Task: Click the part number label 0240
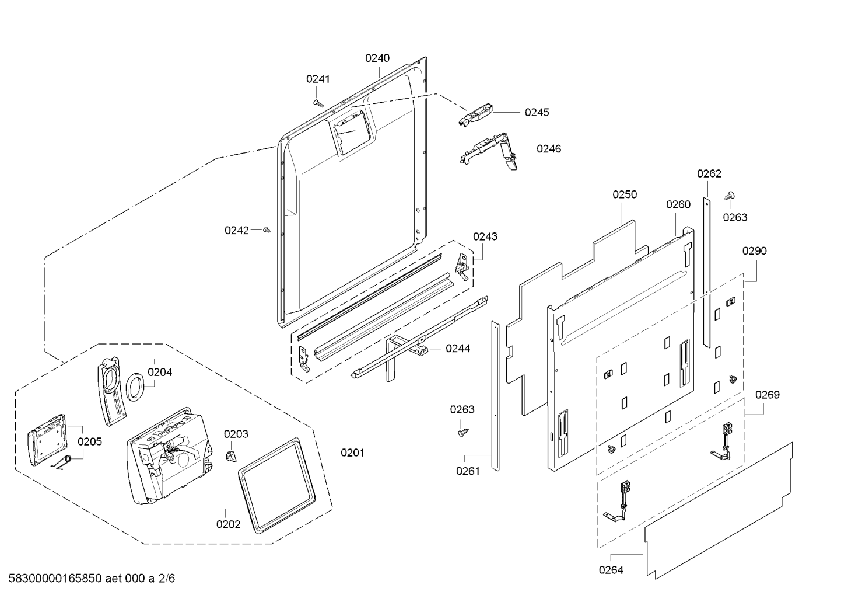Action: click(x=377, y=58)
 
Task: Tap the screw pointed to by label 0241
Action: click(x=318, y=103)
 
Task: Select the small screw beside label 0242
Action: click(x=267, y=229)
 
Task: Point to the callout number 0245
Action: click(x=537, y=112)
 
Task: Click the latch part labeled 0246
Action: click(x=489, y=150)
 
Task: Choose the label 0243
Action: click(x=485, y=236)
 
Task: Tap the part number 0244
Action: click(x=458, y=349)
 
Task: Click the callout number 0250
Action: click(x=625, y=194)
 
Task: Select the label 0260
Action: click(x=678, y=204)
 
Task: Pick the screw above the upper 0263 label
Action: click(x=730, y=196)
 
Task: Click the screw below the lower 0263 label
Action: click(x=464, y=433)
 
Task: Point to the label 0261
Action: click(x=468, y=471)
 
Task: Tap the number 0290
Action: click(x=755, y=250)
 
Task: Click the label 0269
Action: click(x=768, y=395)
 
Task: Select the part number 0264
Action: click(x=611, y=570)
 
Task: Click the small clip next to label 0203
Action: click(x=232, y=455)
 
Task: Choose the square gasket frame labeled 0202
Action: click(x=276, y=485)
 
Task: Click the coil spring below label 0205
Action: click(x=62, y=462)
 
